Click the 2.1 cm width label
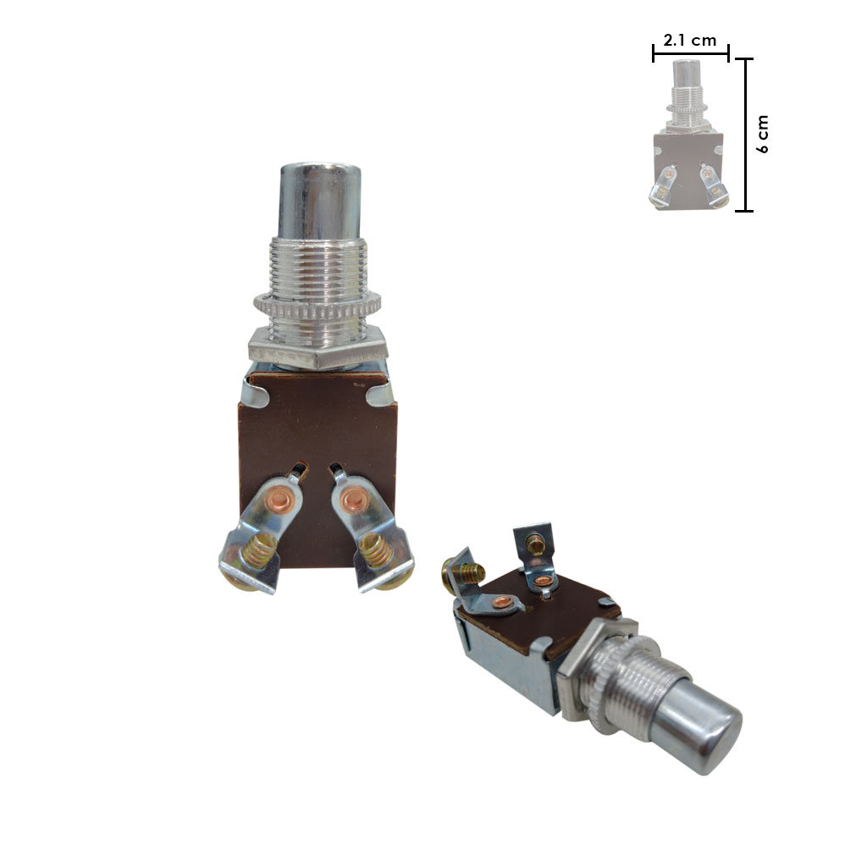pos(689,41)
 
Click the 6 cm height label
pos(762,135)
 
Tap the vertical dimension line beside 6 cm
pos(745,135)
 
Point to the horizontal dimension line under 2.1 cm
pos(691,53)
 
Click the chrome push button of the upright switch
pos(319,200)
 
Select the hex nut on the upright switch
pos(318,348)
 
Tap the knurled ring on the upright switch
pos(318,305)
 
